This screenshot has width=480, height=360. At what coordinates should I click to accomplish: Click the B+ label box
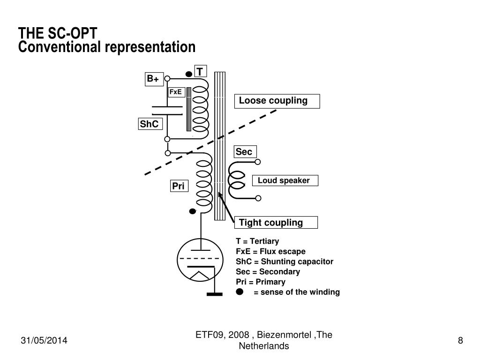click(x=154, y=79)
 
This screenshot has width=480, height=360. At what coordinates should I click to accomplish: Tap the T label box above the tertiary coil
click(x=201, y=71)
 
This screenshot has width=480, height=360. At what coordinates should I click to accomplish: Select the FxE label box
click(x=177, y=92)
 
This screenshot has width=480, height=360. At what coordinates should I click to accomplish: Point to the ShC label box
click(x=150, y=124)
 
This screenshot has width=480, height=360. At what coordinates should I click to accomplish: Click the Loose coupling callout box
click(x=277, y=101)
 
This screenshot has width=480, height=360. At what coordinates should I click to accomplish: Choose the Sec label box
click(x=245, y=152)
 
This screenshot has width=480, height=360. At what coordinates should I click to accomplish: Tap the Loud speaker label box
click(x=285, y=180)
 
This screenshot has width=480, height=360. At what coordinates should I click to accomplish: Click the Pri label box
click(x=179, y=186)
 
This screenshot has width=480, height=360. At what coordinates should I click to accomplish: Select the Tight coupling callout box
click(x=276, y=223)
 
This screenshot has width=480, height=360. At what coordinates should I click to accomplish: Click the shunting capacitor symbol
click(x=167, y=111)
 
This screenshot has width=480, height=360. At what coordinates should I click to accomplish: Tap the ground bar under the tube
click(x=215, y=294)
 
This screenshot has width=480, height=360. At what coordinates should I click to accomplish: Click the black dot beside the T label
click(x=189, y=74)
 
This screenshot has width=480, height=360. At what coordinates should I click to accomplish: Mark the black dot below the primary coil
click(x=193, y=211)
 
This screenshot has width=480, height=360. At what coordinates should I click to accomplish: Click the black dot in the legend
click(x=240, y=292)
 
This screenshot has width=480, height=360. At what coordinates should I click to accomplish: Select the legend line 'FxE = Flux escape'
click(x=270, y=252)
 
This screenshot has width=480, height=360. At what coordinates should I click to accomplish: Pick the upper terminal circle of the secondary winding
click(x=258, y=162)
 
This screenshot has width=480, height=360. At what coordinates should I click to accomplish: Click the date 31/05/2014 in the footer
click(x=44, y=340)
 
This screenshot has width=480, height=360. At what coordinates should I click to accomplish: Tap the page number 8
click(x=460, y=340)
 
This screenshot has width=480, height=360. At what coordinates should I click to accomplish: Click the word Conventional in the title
click(x=60, y=47)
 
